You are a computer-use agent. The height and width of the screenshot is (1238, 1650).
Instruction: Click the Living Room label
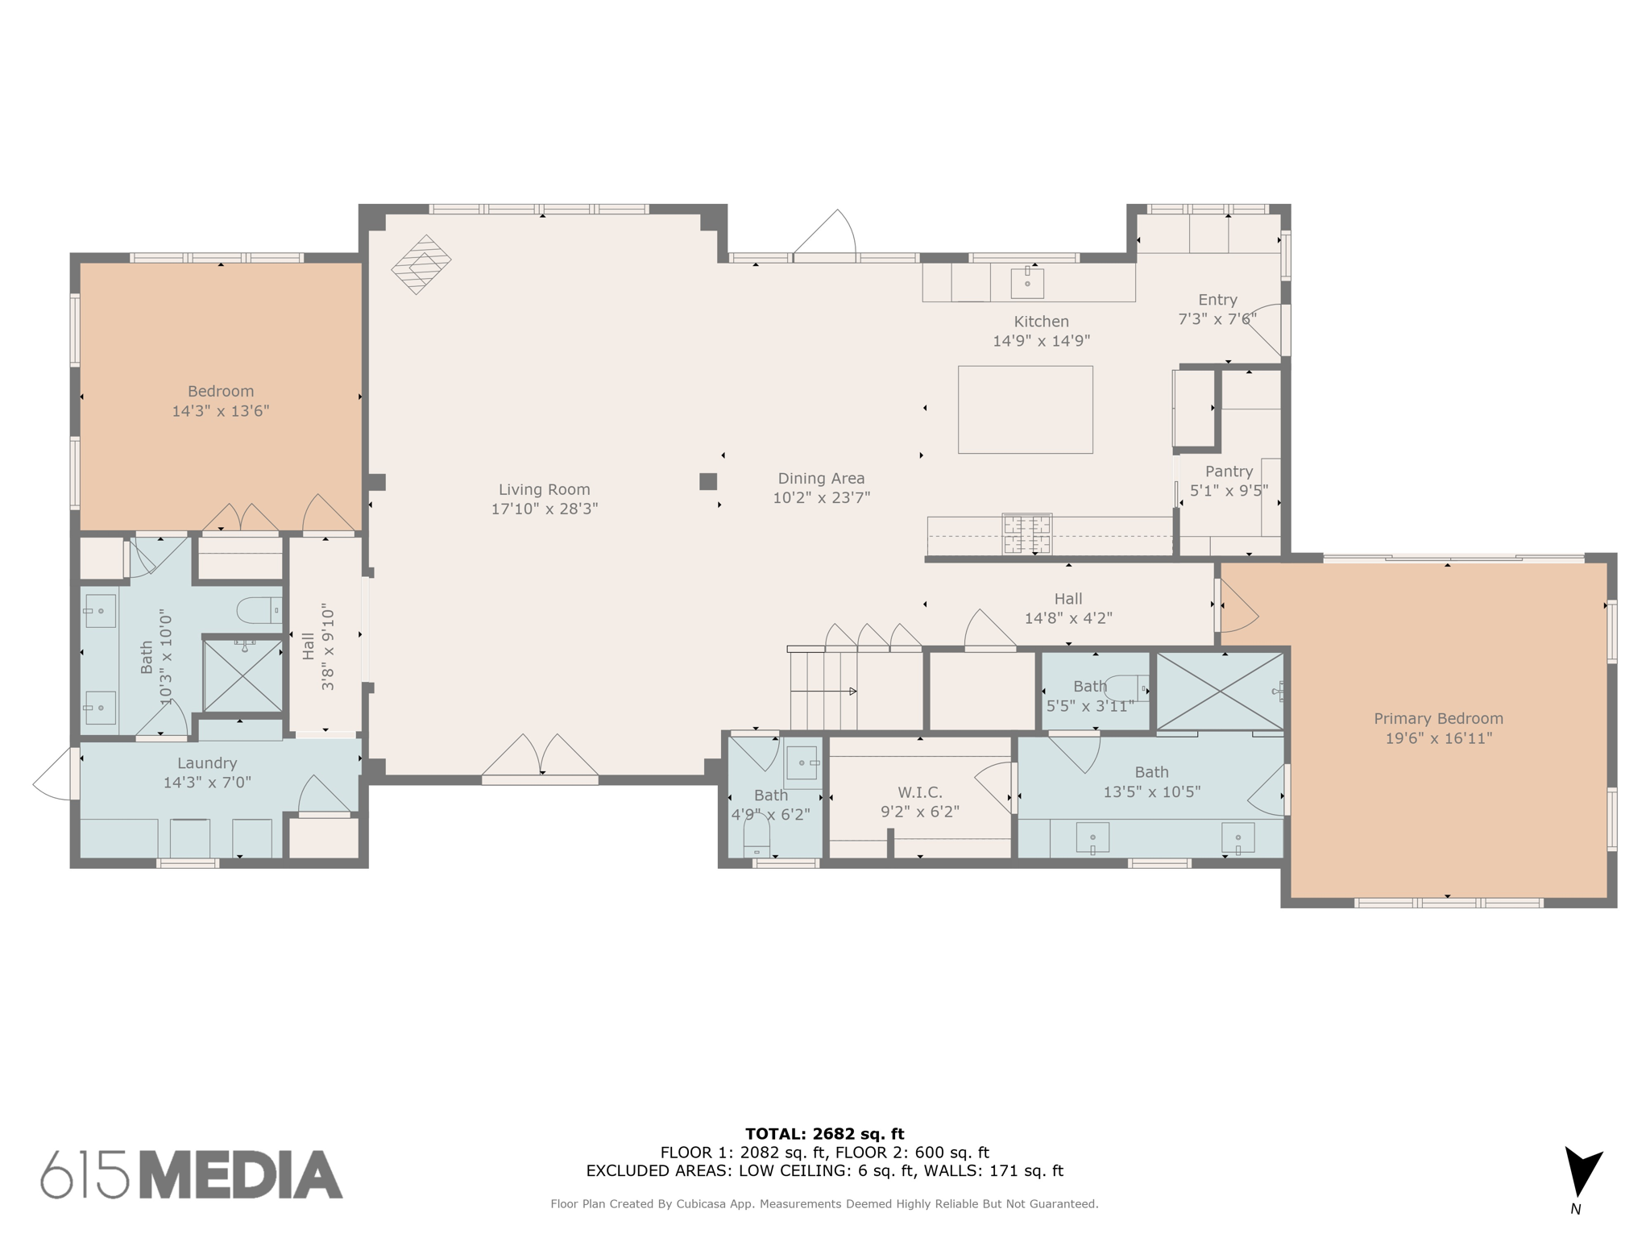[544, 489]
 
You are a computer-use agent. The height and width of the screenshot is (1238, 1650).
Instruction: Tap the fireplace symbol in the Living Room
[421, 264]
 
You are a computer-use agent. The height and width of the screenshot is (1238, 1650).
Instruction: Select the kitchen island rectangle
[1025, 409]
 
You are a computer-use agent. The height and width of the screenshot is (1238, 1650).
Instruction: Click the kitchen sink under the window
[1027, 283]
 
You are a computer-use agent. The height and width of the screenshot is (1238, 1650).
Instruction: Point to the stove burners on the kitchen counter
[1026, 534]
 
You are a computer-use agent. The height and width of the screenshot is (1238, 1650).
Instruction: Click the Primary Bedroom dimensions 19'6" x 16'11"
[1438, 738]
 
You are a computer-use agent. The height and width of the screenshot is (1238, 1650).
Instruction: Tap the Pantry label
[1229, 472]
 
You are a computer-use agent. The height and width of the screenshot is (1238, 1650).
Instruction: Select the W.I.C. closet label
[919, 792]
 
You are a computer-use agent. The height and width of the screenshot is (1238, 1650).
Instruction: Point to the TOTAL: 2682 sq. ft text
[824, 1134]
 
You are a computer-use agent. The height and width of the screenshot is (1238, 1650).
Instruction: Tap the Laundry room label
[207, 762]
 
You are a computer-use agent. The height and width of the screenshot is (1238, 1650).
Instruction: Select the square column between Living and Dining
[707, 481]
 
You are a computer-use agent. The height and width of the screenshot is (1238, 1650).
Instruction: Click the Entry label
[1217, 300]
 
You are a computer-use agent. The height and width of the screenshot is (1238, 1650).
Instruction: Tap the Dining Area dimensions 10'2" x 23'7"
[821, 498]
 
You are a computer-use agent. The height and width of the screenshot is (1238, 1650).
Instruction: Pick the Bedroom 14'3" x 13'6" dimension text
[220, 411]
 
